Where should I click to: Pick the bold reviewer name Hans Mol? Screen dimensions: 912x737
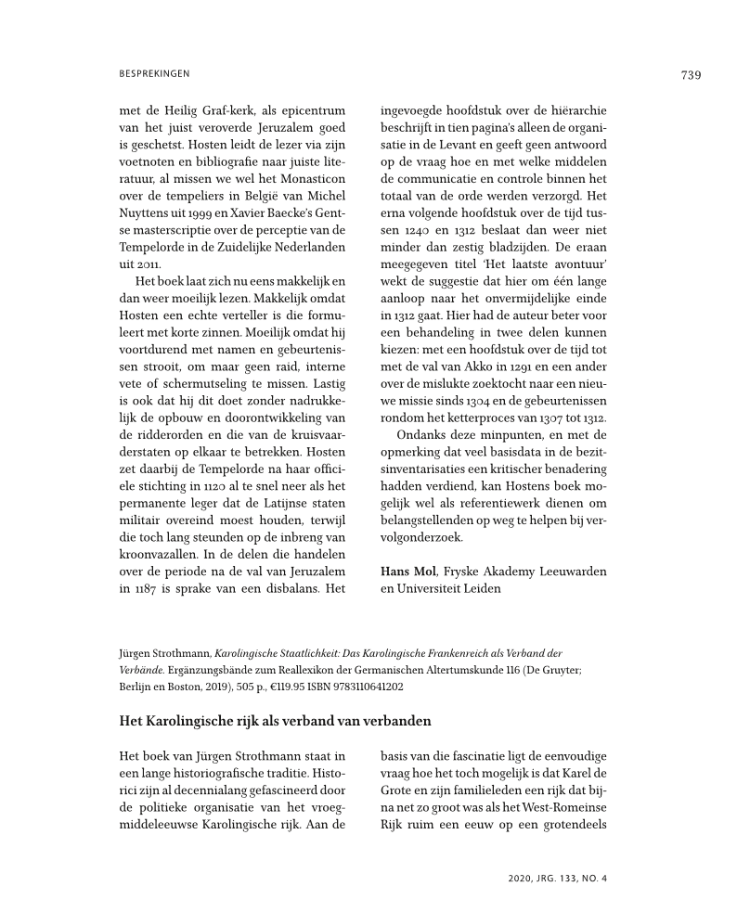pyautogui.click(x=407, y=571)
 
